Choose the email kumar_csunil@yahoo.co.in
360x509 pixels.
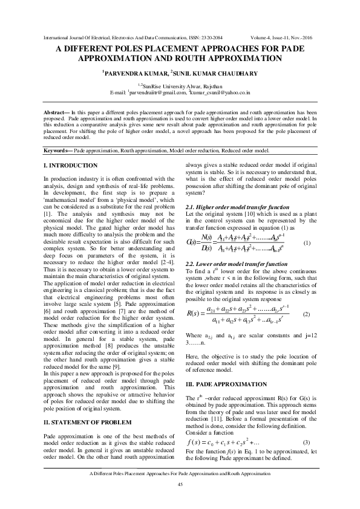[223, 94]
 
